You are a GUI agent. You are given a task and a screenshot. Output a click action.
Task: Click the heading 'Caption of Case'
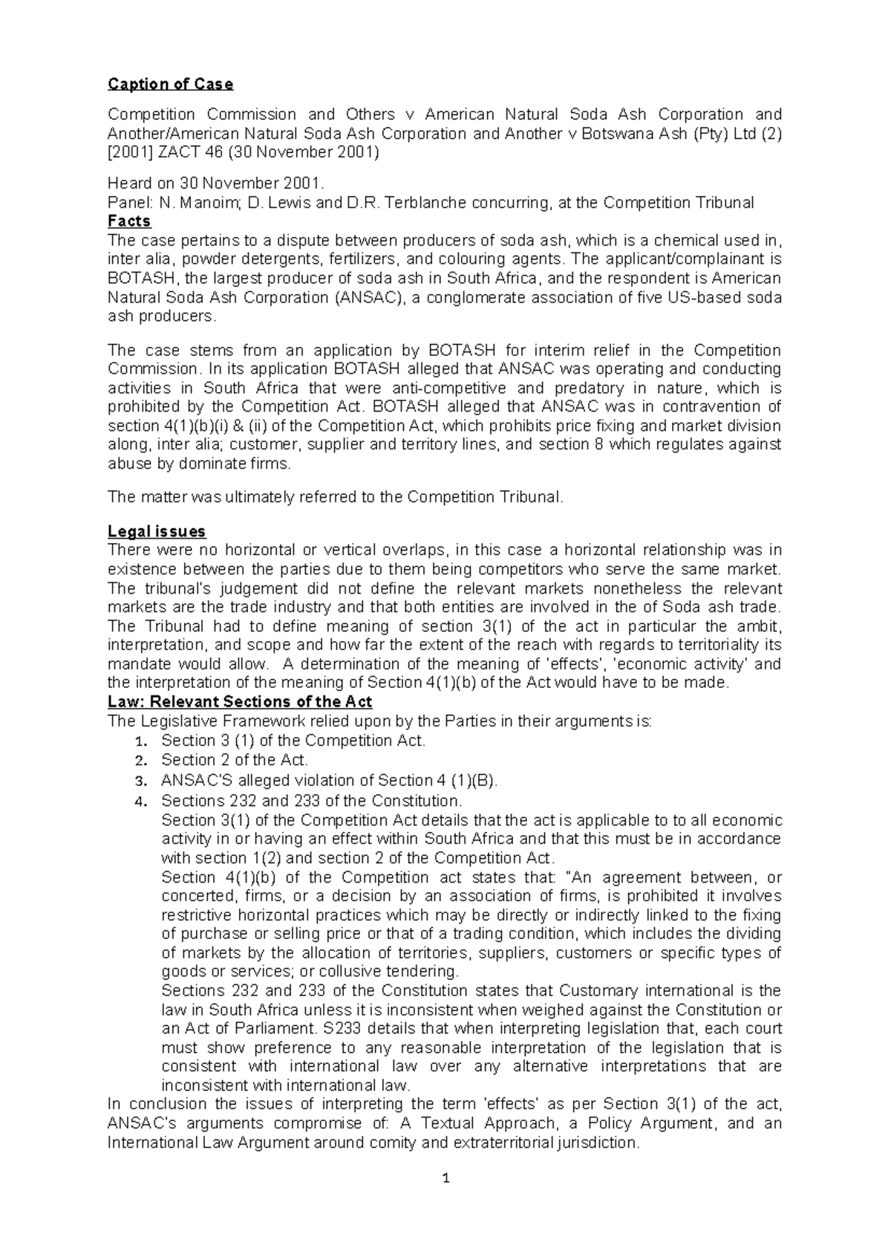tap(170, 84)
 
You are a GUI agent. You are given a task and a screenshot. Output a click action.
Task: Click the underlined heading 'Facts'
tap(129, 221)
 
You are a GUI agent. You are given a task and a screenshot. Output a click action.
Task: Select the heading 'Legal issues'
tap(157, 531)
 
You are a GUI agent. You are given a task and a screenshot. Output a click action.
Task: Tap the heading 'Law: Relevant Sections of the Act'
tap(240, 701)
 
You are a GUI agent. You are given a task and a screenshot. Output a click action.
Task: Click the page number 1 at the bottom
tap(446, 1178)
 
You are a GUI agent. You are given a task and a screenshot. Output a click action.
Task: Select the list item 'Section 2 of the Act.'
tap(234, 760)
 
